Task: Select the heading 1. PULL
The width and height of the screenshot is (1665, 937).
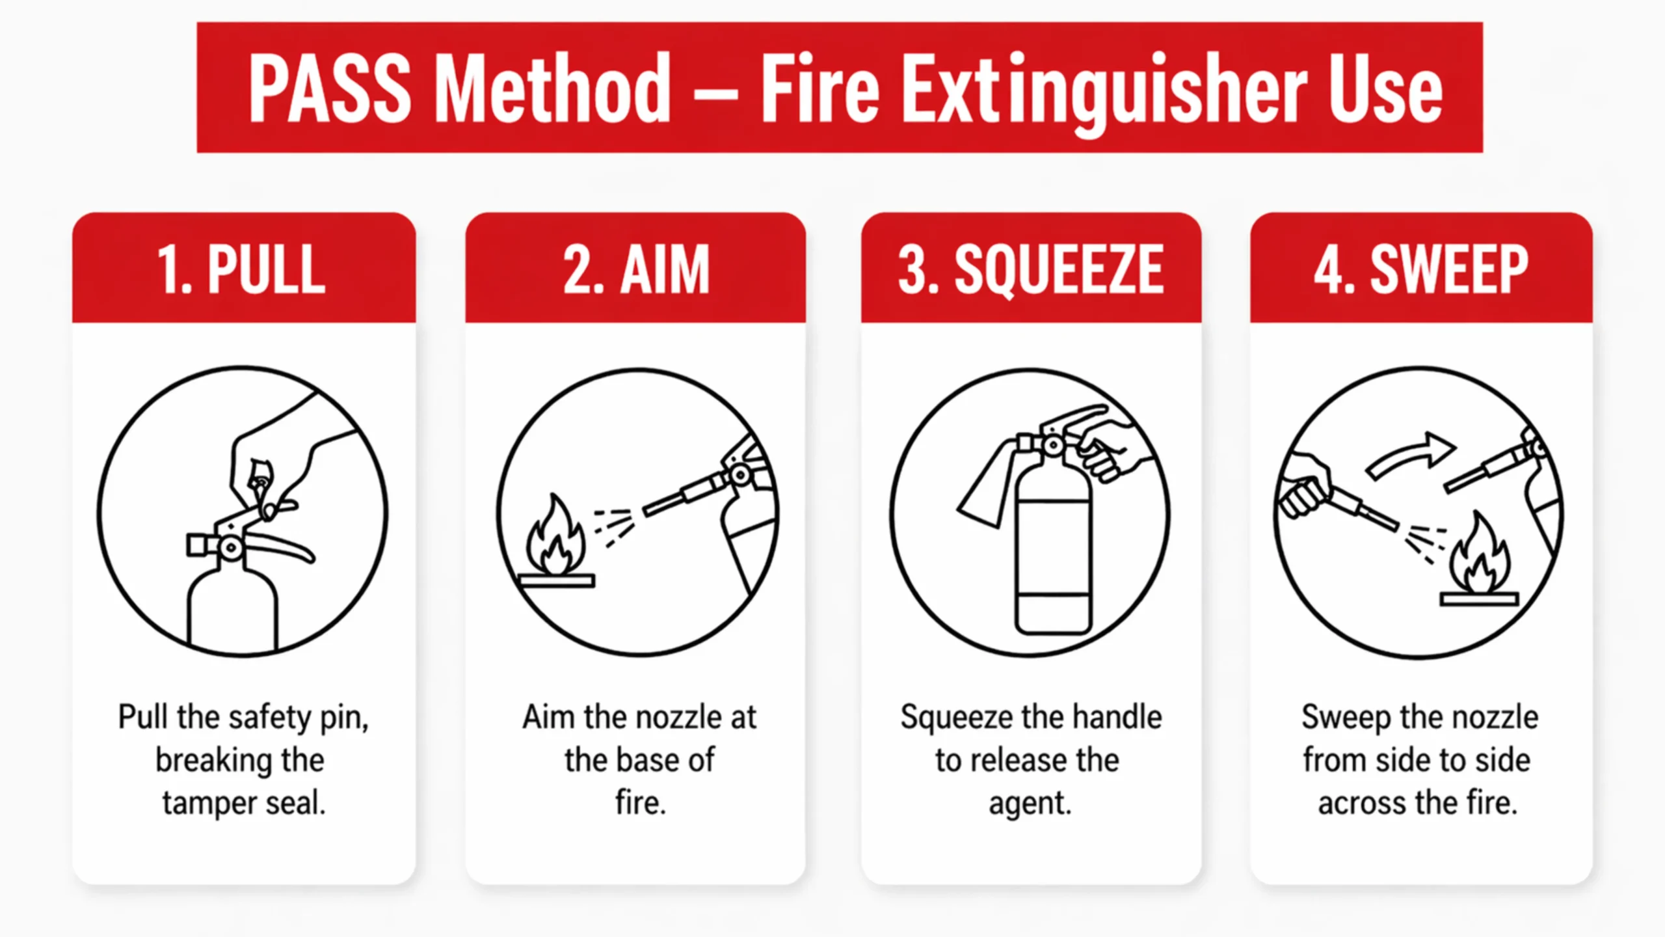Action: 241,269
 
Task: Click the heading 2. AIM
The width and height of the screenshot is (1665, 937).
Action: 636,269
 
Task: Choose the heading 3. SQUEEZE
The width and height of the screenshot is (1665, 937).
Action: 1031,269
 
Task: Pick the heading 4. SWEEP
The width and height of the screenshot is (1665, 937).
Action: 1421,269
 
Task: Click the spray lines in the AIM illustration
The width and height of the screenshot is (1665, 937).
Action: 615,526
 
